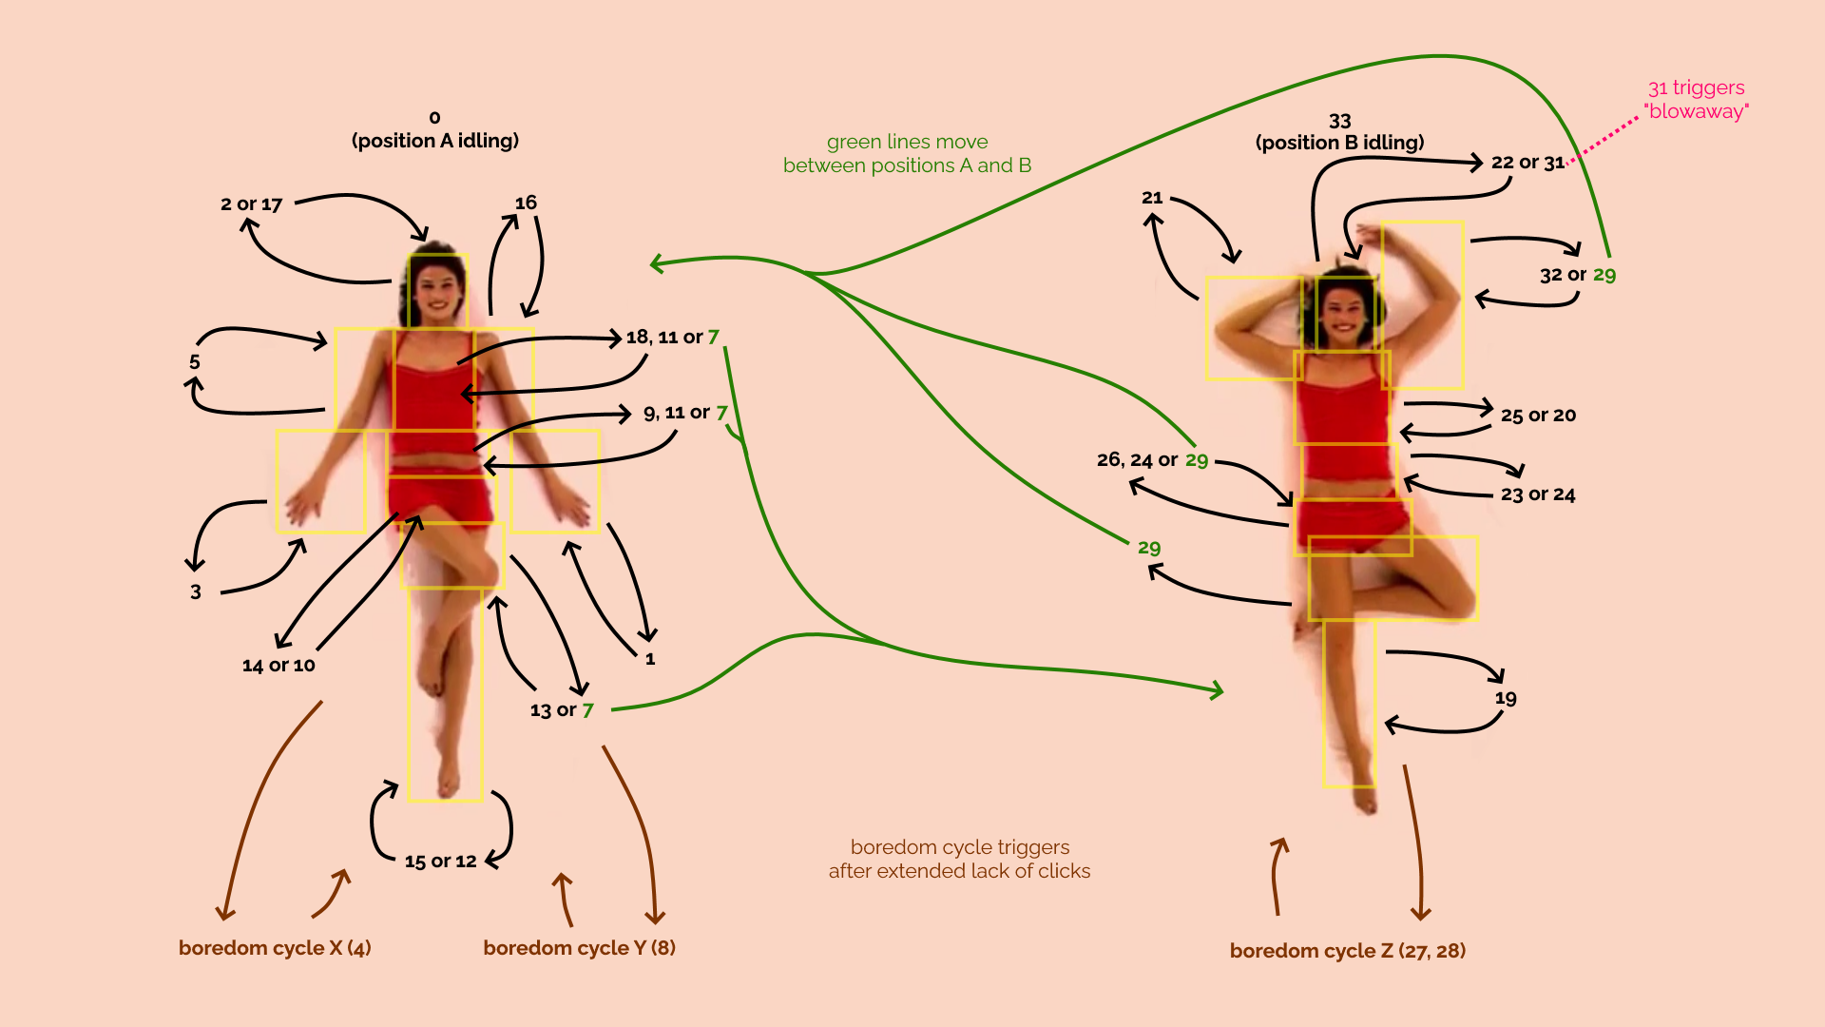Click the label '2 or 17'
click(x=252, y=204)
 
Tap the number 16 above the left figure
click(x=526, y=203)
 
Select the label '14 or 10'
click(x=279, y=666)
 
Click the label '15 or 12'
click(x=440, y=862)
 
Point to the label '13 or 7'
click(x=562, y=710)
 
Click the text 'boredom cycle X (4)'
click(x=275, y=948)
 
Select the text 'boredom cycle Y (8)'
click(x=580, y=948)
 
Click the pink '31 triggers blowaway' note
click(x=1697, y=100)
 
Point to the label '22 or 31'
click(x=1527, y=163)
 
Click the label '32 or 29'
click(x=1578, y=275)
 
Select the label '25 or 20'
click(x=1538, y=416)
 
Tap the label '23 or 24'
click(x=1538, y=494)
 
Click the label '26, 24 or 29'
click(x=1152, y=460)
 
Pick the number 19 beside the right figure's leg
click(x=1506, y=698)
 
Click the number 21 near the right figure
click(x=1152, y=198)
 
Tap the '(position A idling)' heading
click(x=435, y=141)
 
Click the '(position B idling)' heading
click(x=1340, y=143)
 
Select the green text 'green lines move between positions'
click(x=908, y=154)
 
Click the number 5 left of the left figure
click(x=195, y=362)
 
